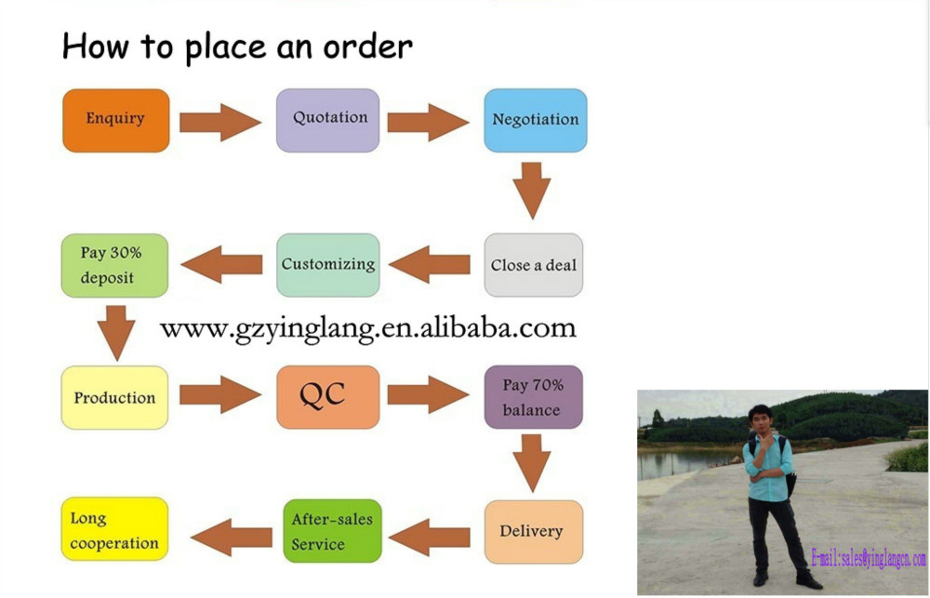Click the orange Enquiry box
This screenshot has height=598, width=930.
[115, 120]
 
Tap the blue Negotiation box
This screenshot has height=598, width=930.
[535, 120]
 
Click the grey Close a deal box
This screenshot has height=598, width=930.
[534, 265]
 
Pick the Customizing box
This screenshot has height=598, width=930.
[327, 265]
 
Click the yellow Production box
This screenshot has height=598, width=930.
[115, 397]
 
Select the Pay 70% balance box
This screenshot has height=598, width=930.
[534, 397]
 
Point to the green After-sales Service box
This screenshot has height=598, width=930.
[332, 532]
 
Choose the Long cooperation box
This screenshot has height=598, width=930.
[115, 530]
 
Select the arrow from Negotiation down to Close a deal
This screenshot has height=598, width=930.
[532, 191]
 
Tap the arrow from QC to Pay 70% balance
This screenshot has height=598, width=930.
[428, 395]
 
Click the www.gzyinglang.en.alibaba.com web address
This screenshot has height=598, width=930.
[368, 328]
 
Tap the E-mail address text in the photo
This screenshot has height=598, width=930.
[868, 559]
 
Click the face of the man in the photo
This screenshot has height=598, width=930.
[761, 419]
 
